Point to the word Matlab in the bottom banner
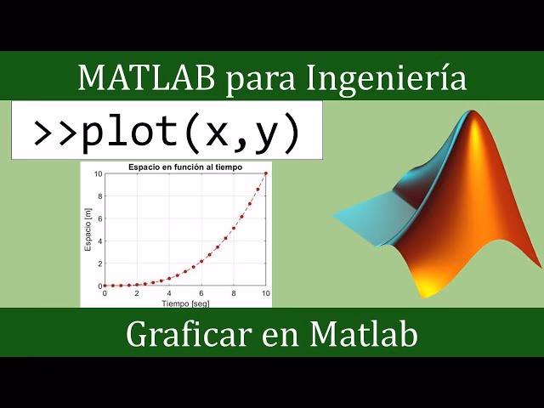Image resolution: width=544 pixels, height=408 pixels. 364,334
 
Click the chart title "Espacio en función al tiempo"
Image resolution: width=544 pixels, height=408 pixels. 185,167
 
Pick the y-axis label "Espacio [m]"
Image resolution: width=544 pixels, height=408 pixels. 88,229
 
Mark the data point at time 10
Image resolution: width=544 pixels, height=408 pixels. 266,173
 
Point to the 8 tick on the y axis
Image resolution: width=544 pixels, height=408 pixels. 99,196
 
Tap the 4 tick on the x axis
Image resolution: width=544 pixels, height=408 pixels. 169,293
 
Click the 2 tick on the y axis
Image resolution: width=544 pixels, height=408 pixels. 99,263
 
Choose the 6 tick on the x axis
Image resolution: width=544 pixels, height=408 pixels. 201,293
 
